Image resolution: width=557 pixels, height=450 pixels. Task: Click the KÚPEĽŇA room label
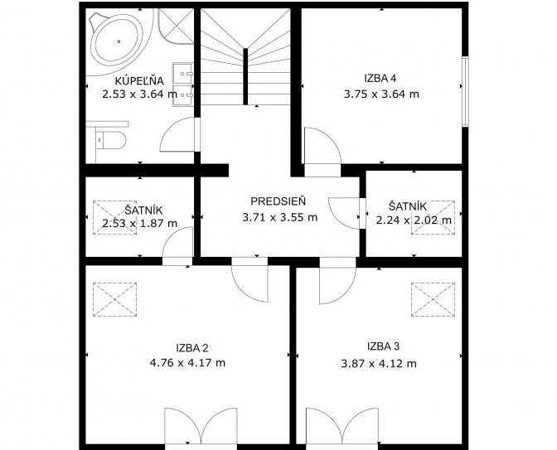139,81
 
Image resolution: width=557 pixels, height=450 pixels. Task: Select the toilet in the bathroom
110,140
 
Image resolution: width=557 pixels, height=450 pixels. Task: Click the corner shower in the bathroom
175,26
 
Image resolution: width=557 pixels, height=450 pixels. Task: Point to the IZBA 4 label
380,78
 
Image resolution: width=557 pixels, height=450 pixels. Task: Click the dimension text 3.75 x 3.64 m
381,94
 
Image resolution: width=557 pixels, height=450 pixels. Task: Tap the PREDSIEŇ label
278,201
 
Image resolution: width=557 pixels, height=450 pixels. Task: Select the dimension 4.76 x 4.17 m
187,363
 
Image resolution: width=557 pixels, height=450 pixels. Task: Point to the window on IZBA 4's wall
465,91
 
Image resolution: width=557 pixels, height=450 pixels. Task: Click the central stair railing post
245,76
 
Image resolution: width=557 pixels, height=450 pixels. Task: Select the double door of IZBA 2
201,426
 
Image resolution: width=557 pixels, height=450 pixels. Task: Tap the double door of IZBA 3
342,426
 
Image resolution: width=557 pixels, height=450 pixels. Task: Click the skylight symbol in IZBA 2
114,299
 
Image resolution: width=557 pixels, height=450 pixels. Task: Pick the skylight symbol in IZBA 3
433,299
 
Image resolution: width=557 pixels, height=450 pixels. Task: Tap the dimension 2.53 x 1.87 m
139,224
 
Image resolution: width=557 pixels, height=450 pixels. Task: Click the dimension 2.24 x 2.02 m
414,220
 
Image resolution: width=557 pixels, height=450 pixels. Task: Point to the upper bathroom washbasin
183,74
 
